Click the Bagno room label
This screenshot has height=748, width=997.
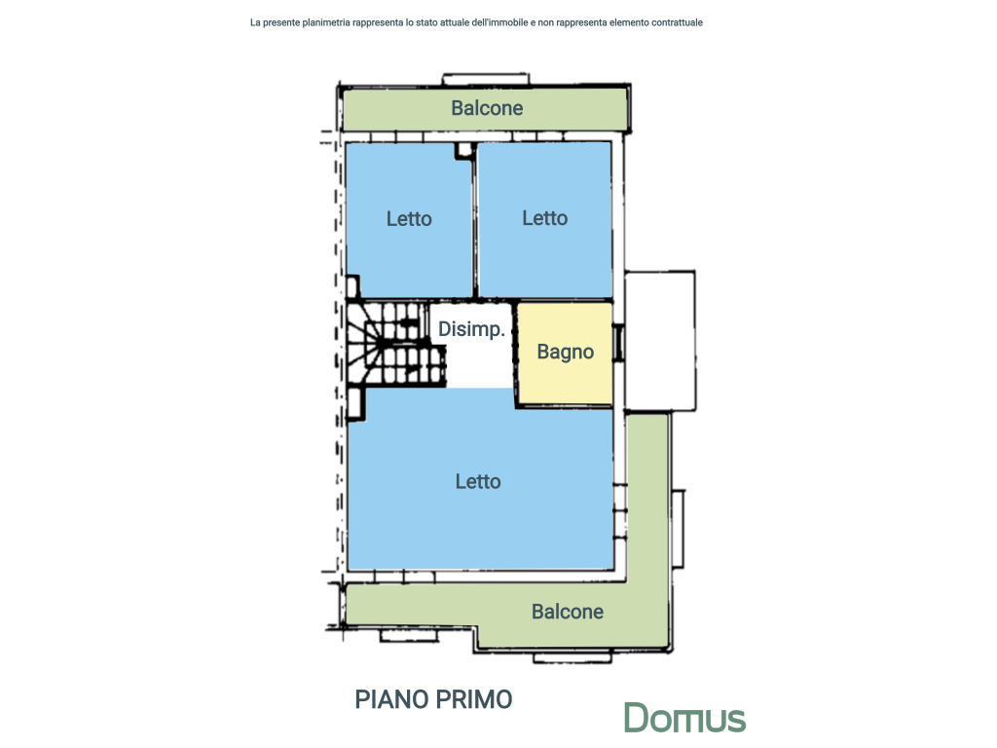tap(565, 352)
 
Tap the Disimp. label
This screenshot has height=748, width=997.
tap(471, 329)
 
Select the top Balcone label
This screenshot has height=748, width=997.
tap(487, 108)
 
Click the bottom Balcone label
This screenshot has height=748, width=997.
tap(567, 612)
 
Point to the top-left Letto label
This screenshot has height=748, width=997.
tap(409, 219)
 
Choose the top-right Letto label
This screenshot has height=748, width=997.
tap(544, 218)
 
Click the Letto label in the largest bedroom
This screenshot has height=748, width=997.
tap(478, 481)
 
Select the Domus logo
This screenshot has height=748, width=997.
tap(684, 719)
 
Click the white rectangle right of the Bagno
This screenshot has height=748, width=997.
tap(659, 341)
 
